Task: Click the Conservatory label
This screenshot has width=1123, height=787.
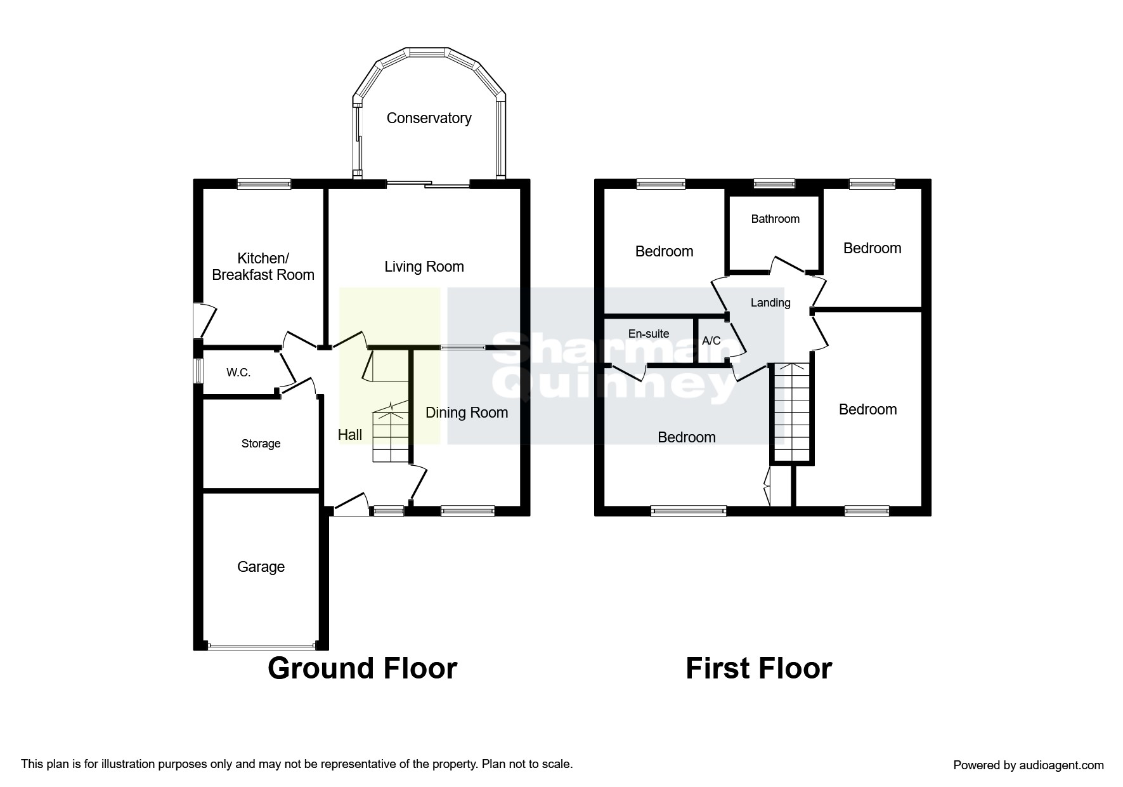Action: pos(429,118)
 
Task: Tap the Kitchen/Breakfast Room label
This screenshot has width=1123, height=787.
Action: pos(263,267)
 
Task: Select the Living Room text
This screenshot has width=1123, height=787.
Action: pos(424,267)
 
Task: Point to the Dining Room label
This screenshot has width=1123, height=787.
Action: pos(467,413)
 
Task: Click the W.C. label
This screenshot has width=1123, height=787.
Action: pos(238,373)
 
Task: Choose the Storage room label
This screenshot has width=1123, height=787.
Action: pos(261,444)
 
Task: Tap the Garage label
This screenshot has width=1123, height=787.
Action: pos(261,567)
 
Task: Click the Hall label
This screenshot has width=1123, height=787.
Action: pos(350,435)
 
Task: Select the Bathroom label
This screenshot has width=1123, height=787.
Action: pos(775,219)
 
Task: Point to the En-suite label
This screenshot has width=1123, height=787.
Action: pos(649,334)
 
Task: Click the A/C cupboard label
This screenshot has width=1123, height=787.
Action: pos(711,341)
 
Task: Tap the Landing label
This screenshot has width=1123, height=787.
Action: pos(770,303)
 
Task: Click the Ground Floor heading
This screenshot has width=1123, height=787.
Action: pos(362,668)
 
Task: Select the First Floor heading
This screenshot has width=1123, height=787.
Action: pos(758,668)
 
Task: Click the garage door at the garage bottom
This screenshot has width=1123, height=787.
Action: pos(261,647)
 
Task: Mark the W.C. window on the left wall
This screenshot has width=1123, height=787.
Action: pos(198,371)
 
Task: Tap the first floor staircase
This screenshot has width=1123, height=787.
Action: pos(791,413)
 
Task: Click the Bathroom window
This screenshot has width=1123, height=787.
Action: pos(774,183)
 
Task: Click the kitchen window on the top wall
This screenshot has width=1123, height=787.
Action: pos(264,183)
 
